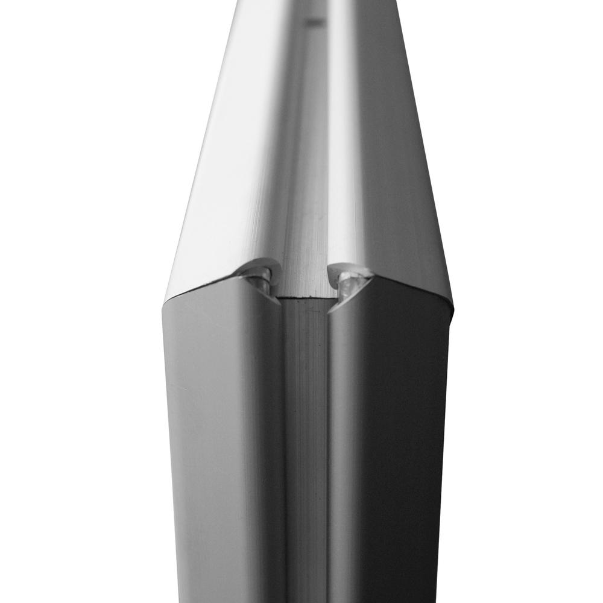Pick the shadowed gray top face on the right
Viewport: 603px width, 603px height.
pyautogui.click(x=398, y=181)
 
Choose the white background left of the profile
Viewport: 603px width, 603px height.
pyautogui.click(x=78, y=301)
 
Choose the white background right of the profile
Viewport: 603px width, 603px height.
pyautogui.click(x=531, y=301)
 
